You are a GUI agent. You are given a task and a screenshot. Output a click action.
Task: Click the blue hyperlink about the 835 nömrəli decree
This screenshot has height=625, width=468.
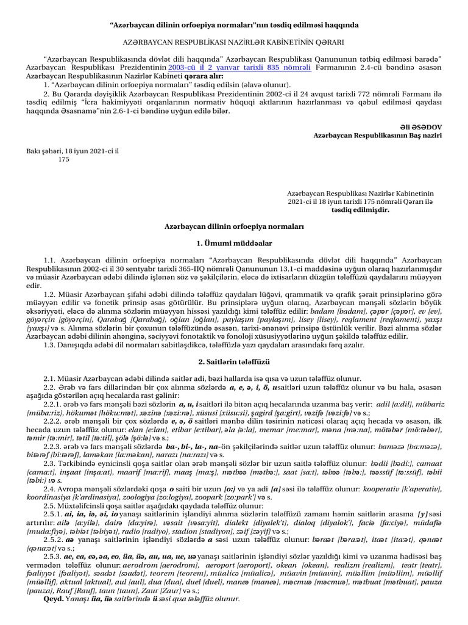pos(239,68)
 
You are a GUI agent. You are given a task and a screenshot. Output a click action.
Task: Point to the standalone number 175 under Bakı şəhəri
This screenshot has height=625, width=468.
pos(63,159)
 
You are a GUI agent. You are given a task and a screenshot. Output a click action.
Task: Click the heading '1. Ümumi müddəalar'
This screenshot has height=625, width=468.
pos(234,243)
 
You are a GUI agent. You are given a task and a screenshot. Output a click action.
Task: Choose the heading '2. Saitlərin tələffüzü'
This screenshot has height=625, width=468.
pos(234,362)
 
